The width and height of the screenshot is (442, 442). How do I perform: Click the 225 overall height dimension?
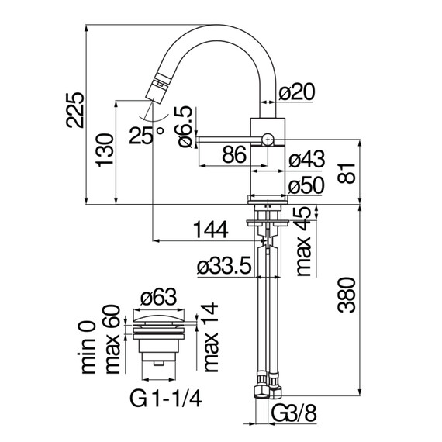75,110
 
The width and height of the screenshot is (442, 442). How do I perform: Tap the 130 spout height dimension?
105,150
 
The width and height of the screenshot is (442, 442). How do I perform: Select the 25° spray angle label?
147,135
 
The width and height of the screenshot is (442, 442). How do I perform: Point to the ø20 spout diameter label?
296,92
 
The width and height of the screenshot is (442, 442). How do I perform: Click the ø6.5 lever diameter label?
185,127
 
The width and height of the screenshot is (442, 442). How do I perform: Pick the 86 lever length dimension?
234,155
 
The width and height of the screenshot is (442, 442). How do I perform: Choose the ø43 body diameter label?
307,159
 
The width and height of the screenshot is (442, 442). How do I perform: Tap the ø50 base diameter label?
306,186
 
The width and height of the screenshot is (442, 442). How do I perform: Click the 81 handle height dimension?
347,173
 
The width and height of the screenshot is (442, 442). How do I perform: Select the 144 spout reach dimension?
211,230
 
